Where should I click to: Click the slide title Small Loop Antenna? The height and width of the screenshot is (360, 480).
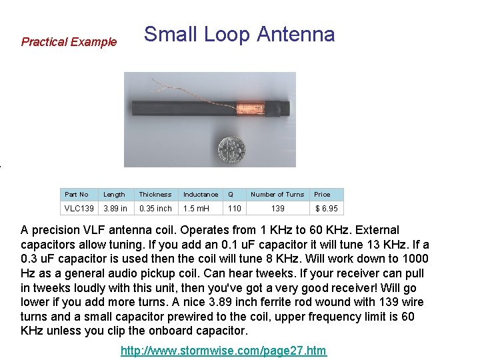239,34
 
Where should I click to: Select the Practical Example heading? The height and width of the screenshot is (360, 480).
69,42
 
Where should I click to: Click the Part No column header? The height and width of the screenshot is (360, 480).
77,195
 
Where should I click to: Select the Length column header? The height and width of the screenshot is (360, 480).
114,195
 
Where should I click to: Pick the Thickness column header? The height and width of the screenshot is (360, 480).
155,195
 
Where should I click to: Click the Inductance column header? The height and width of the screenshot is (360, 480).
201,195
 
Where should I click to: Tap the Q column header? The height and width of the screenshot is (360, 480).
231,195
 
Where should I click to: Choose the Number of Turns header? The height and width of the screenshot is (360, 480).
277,195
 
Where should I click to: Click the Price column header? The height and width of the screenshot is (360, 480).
322,195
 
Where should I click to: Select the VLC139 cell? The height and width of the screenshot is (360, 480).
79,209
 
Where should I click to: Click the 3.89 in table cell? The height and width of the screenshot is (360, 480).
115,209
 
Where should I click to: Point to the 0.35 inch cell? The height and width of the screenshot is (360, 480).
155,209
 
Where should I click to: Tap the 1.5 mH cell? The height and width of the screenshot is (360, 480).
197,209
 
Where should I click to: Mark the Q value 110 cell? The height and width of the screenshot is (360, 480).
234,209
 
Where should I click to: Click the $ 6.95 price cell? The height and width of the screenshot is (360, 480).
326,209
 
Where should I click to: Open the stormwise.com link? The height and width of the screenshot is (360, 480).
223,351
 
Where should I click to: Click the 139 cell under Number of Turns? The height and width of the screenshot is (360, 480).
277,209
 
